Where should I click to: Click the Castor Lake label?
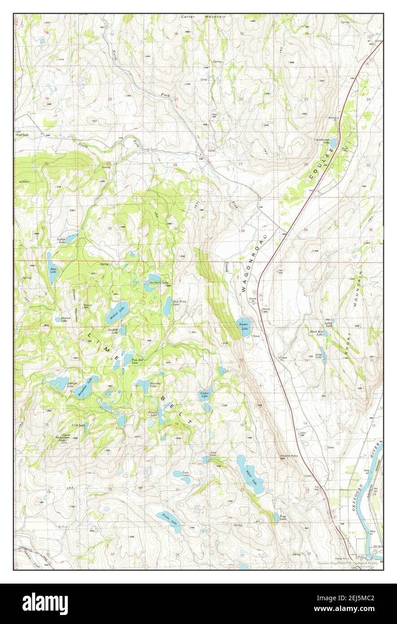[204, 395]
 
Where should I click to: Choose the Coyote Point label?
[289, 456]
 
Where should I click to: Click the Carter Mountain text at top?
[203, 17]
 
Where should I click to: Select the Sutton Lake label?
[62, 241]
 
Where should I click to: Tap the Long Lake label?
[318, 356]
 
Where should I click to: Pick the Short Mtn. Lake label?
[316, 333]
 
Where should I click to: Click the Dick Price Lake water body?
[167, 308]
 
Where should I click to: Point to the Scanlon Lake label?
[155, 385]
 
